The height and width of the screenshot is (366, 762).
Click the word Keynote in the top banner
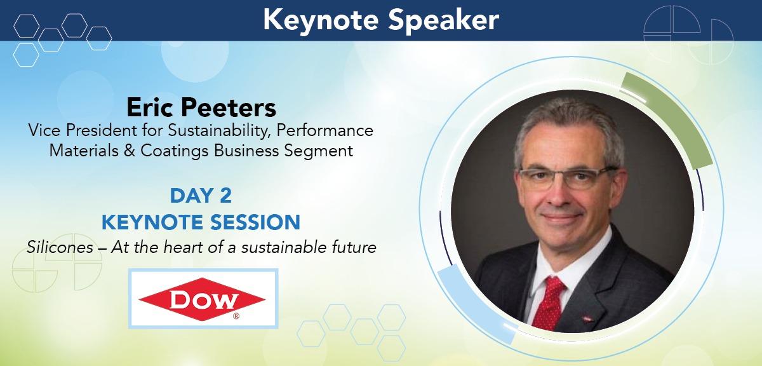[x=321, y=21]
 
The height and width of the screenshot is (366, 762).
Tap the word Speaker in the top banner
[x=444, y=21]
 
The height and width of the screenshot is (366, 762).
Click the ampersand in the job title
[x=130, y=151]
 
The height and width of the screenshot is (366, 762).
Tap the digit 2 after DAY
[x=225, y=196]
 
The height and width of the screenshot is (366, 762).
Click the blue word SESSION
[x=255, y=222]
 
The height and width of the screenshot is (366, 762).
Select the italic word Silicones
[x=60, y=247]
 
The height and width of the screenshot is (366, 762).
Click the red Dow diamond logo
[x=202, y=299]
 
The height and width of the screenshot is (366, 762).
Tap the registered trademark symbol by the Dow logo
[x=236, y=316]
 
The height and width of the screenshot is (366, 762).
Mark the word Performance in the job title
[x=325, y=131]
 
